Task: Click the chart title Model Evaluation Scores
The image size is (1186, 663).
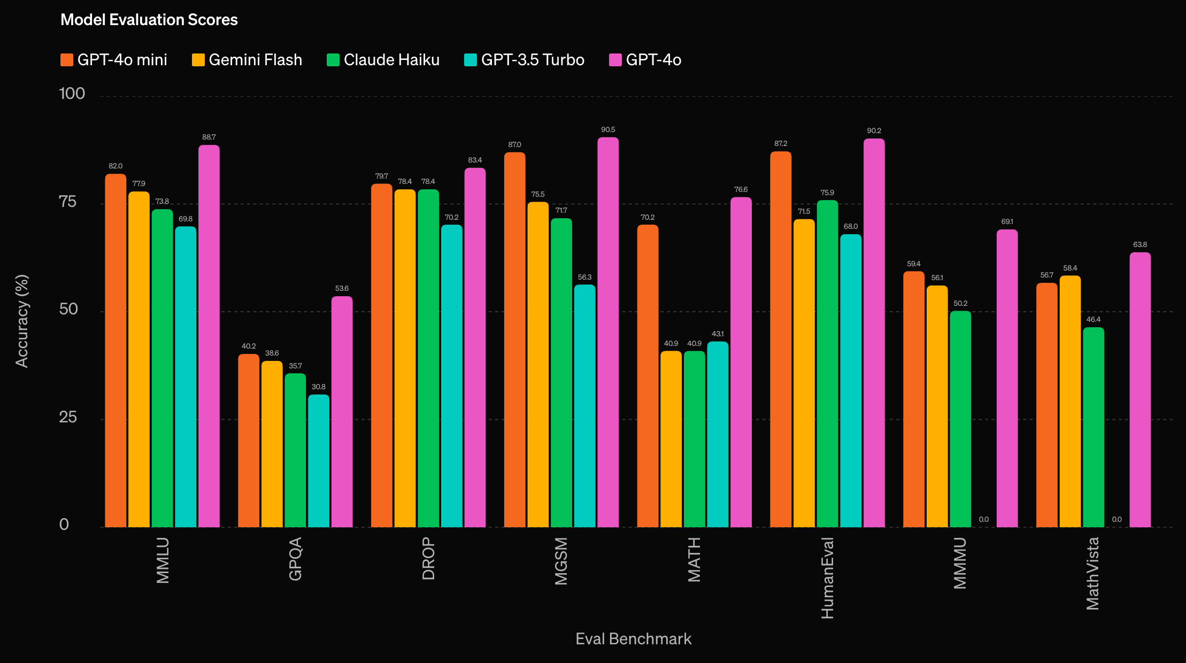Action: coord(149,20)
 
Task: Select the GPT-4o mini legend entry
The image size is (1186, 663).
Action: coord(114,60)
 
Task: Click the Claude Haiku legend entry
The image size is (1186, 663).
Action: coord(383,60)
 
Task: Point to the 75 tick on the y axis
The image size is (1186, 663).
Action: coord(68,202)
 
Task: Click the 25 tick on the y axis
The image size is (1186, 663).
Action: coord(68,417)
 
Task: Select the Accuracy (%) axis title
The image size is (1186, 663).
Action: coord(22,321)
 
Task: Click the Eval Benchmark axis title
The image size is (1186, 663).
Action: coord(633,639)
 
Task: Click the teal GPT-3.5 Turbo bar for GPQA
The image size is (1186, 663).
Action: coord(319,461)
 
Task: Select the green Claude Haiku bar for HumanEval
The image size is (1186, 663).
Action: coord(827,364)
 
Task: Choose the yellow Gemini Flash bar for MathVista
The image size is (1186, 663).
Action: coord(1070,401)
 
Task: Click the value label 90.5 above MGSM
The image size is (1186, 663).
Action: coord(608,130)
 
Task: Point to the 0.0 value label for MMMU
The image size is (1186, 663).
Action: coord(984,519)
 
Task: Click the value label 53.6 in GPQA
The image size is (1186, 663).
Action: coord(342,289)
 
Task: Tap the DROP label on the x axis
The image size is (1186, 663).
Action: coord(428,559)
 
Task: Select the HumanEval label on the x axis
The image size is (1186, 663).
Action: coord(827,578)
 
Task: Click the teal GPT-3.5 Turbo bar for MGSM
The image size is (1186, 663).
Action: coord(584,406)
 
